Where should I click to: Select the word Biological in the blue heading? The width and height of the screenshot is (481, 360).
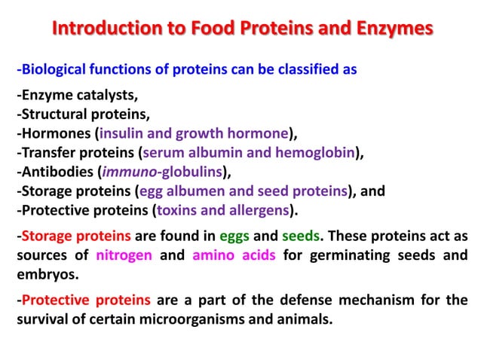(54, 70)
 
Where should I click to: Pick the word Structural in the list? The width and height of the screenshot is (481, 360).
(52, 115)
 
